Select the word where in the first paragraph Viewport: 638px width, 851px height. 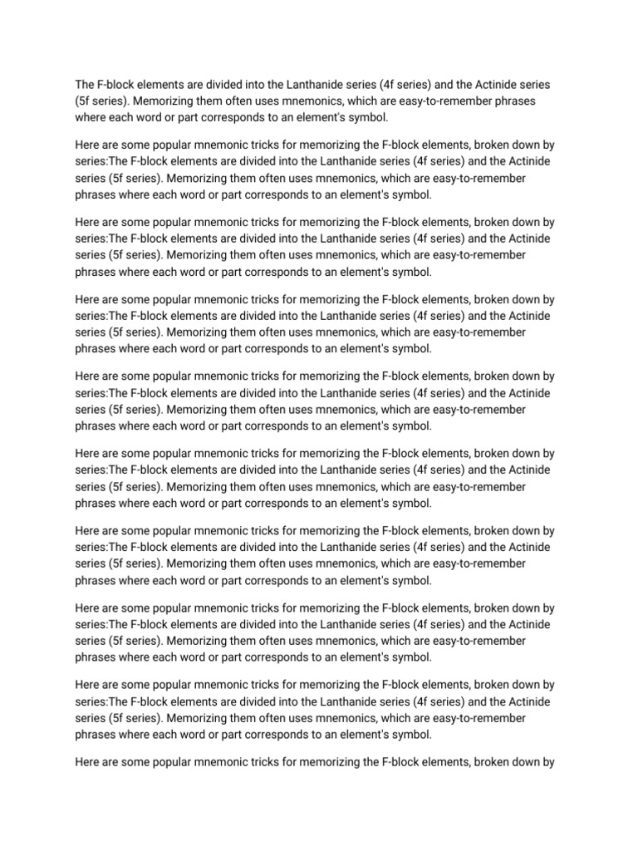click(91, 117)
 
